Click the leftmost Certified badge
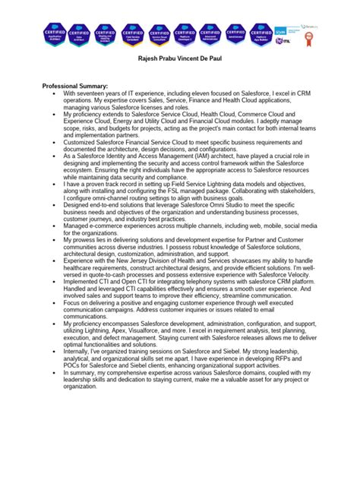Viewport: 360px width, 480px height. (x=56, y=35)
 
